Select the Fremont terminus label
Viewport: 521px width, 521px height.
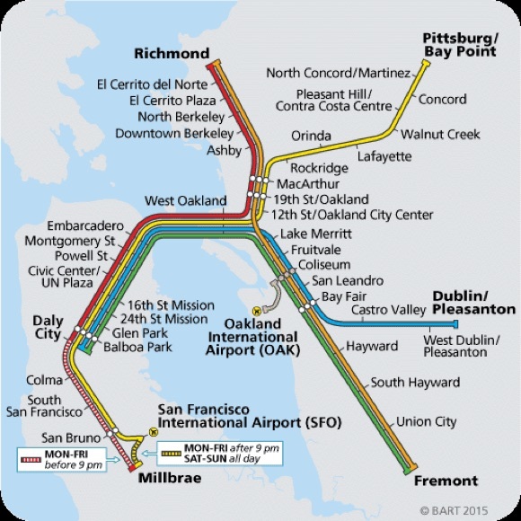(446, 481)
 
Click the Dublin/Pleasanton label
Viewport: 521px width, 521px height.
(473, 302)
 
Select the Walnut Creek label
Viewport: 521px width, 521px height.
(440, 135)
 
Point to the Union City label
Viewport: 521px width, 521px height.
(427, 420)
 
